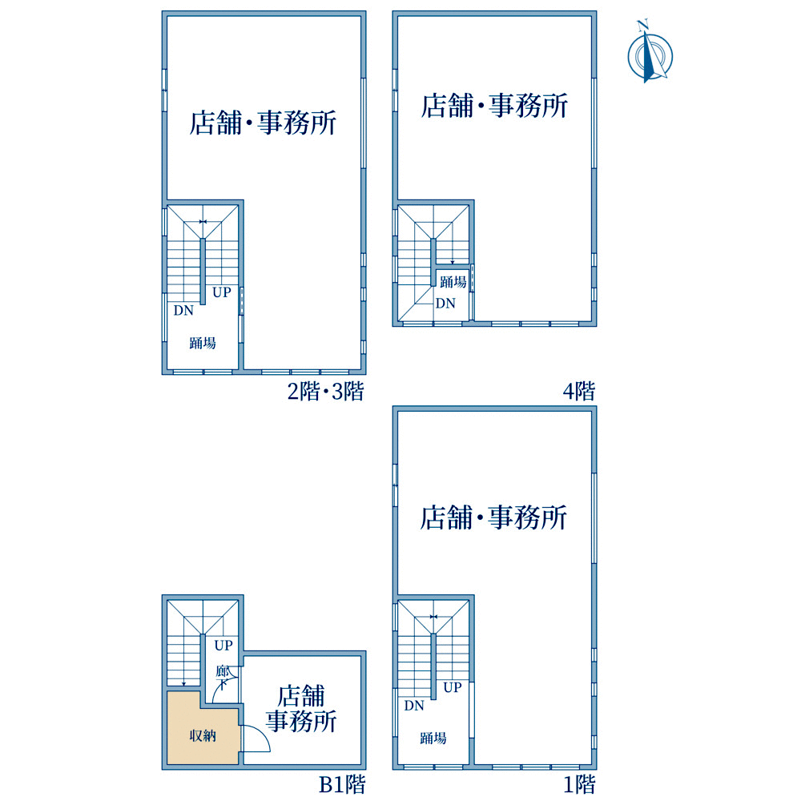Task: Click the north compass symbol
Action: (650, 54)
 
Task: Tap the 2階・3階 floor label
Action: (326, 392)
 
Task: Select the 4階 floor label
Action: (579, 392)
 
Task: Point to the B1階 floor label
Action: (342, 785)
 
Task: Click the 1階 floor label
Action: (580, 785)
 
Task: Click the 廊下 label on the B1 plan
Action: (222, 677)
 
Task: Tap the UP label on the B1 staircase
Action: (223, 645)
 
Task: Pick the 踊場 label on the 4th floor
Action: (453, 281)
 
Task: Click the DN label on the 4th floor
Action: (445, 304)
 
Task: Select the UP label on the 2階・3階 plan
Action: (222, 292)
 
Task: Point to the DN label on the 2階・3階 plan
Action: (183, 310)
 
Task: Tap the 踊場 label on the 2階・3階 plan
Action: (203, 343)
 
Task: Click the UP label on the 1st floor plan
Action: (453, 687)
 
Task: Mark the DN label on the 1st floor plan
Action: (414, 706)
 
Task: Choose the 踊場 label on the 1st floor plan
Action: (433, 738)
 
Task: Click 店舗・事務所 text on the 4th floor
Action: (494, 106)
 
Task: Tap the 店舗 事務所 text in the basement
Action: (301, 709)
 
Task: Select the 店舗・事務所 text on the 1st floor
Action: (493, 517)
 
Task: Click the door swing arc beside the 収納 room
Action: (263, 733)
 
